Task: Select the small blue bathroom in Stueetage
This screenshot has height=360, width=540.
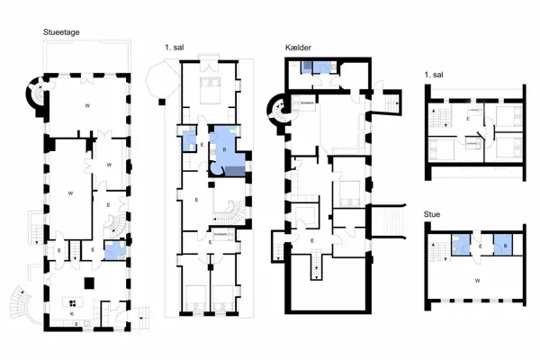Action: coord(114,251)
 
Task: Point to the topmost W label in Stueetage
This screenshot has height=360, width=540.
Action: coord(87,106)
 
